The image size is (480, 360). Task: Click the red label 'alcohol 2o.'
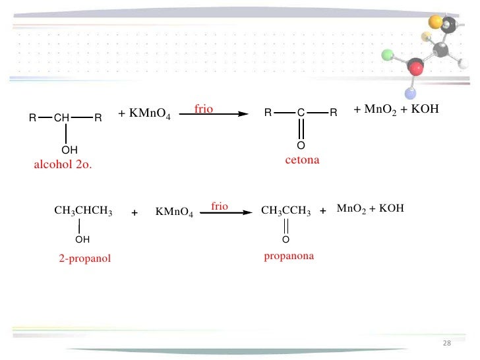(63, 165)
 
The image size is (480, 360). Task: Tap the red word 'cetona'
(302, 160)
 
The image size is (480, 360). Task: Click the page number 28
(446, 344)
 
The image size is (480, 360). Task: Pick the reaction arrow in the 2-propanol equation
(226, 212)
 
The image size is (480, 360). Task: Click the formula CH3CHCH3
(83, 212)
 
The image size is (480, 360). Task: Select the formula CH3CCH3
(286, 212)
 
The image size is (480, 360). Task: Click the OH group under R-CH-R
(69, 150)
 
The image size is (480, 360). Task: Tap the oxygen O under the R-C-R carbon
(301, 145)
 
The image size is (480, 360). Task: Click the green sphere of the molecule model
(387, 54)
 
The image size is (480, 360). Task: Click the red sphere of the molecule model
(415, 67)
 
